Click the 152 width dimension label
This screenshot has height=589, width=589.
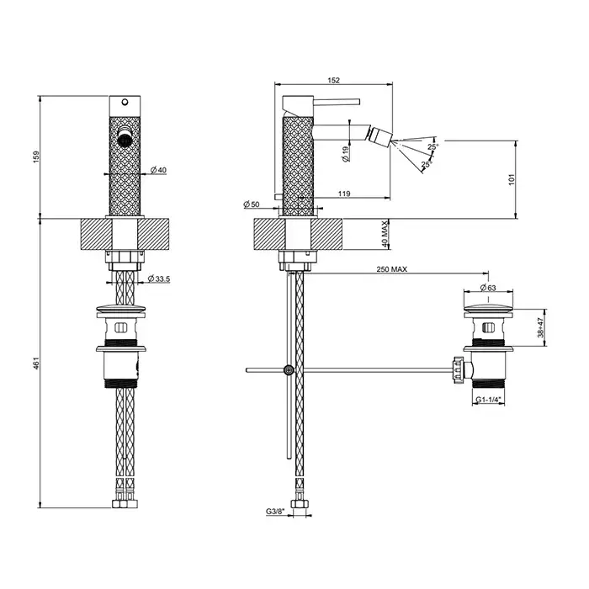(333, 80)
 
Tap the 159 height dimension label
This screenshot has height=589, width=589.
(36, 157)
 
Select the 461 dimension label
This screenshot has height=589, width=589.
(36, 363)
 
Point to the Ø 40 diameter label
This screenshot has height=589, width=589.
(158, 170)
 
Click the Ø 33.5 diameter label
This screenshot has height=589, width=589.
(158, 279)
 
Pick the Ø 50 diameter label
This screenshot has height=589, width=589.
(252, 204)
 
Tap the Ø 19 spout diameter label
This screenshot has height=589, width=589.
(346, 154)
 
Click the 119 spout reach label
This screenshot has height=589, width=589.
(344, 194)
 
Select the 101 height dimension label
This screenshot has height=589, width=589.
(511, 179)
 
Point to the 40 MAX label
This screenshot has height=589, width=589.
(385, 234)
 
